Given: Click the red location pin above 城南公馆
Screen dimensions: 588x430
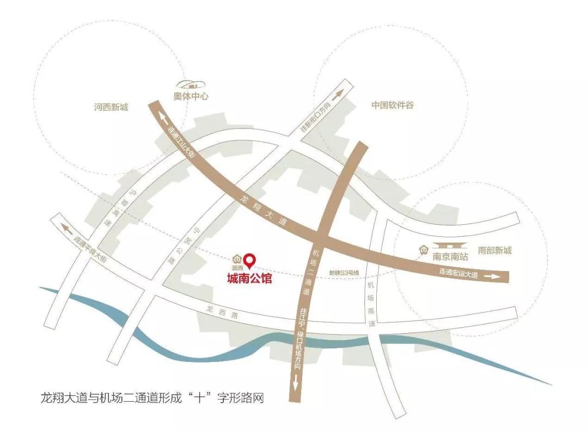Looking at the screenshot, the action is pos(250,261).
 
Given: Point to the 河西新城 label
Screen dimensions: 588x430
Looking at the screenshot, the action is pos(111,107).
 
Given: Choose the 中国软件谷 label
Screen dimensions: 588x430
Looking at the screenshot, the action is pos(393,105).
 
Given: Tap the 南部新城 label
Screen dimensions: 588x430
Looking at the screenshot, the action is pos(495,250).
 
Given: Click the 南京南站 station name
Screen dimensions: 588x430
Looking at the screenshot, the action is pos(450,255).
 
